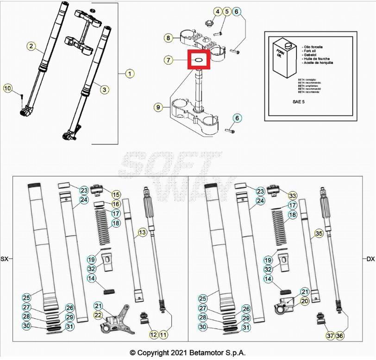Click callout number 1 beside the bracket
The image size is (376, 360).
pyautogui.click(x=130, y=74)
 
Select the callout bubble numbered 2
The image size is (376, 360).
pyautogui.click(x=31, y=46)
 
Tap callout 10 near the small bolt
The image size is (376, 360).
pyautogui.click(x=8, y=88)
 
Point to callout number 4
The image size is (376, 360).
pyautogui.click(x=217, y=11)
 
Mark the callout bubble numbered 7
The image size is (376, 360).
pyautogui.click(x=169, y=60)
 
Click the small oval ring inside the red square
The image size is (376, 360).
pyautogui.click(x=199, y=60)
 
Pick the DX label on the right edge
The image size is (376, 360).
pyautogui.click(x=370, y=259)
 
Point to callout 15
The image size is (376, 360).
pyautogui.click(x=115, y=195)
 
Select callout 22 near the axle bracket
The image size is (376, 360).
pyautogui.click(x=98, y=315)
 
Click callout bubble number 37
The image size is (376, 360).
pyautogui.click(x=329, y=335)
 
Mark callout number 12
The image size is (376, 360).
pyautogui.click(x=153, y=334)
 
